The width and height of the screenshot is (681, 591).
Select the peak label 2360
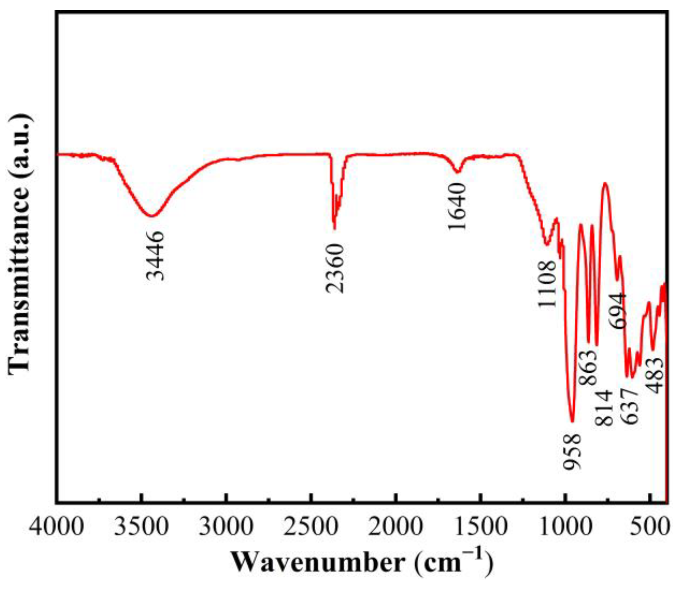(335, 268)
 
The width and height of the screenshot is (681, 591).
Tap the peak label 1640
(457, 207)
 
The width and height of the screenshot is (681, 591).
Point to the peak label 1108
(547, 284)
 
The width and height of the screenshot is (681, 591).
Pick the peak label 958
(571, 452)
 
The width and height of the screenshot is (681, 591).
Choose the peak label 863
(588, 368)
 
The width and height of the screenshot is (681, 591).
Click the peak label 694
(618, 311)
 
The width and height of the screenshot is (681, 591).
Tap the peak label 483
(655, 375)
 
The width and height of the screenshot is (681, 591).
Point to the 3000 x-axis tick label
(226, 527)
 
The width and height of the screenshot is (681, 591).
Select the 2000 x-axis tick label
(396, 527)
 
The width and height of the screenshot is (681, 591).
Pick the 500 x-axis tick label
(649, 527)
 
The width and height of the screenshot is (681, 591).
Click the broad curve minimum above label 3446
(152, 216)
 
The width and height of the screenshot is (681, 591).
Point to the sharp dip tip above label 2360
(334, 229)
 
